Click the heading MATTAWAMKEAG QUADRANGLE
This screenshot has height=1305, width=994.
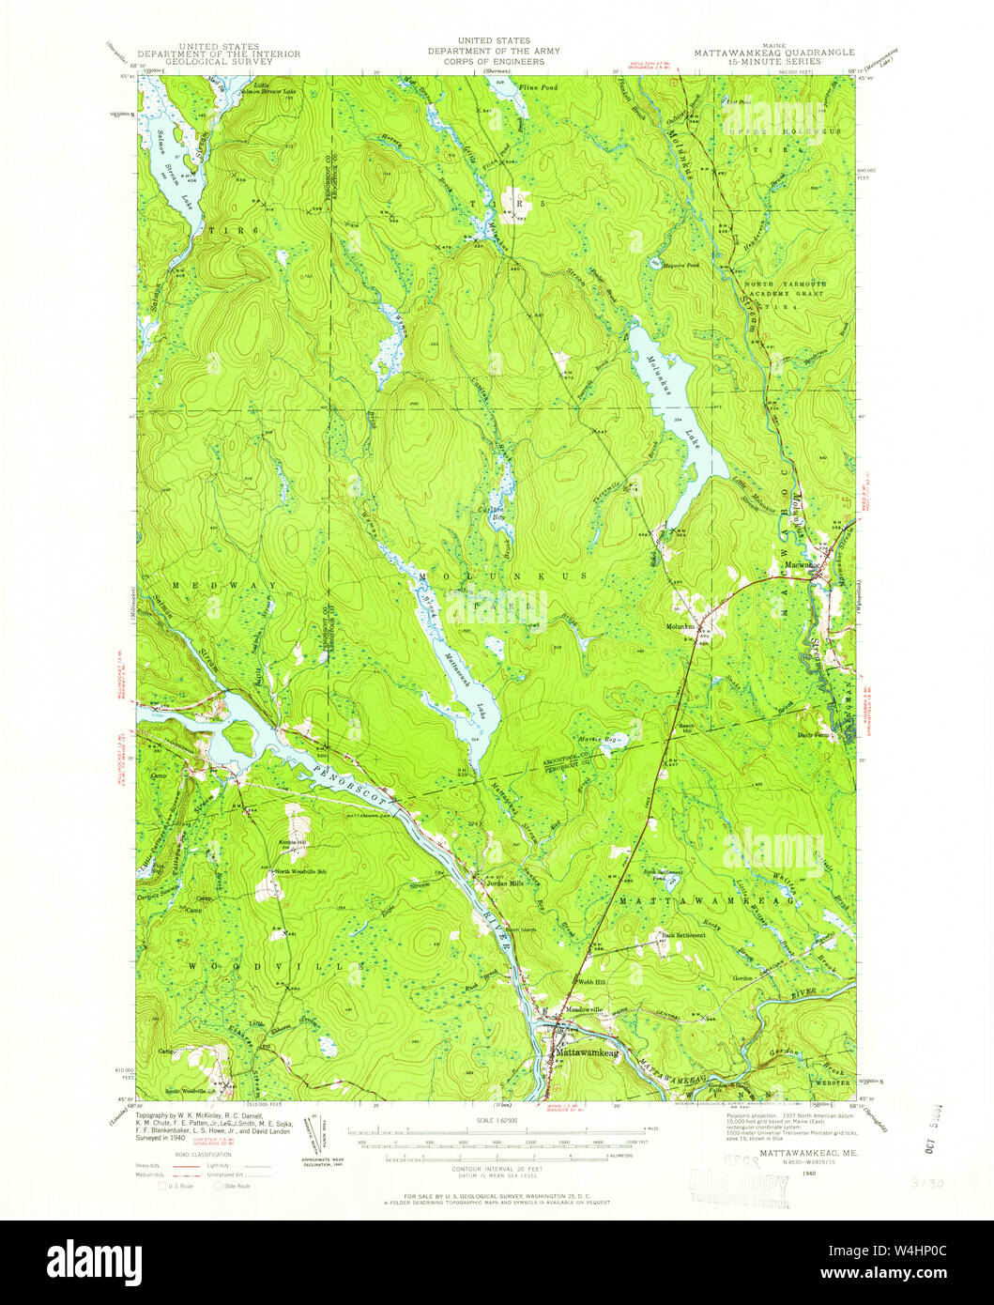click(x=757, y=54)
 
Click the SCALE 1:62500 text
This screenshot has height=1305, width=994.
click(x=497, y=1119)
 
